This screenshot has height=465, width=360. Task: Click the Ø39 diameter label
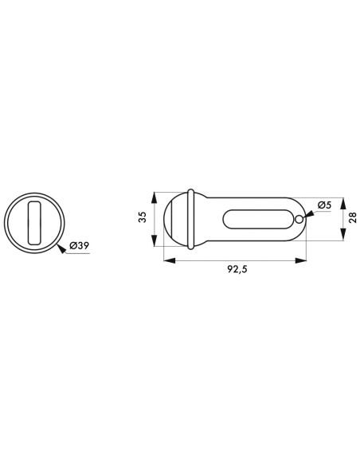tap(79, 246)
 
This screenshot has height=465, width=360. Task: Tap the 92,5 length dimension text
tap(237, 269)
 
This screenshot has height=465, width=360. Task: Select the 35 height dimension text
tap(143, 217)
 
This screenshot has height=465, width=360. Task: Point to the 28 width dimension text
tap(353, 218)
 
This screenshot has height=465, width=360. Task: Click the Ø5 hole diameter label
tap(324, 205)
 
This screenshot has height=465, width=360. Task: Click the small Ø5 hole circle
tap(299, 219)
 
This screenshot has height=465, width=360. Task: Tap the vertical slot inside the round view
tap(34, 223)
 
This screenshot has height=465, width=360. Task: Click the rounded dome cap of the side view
tap(175, 219)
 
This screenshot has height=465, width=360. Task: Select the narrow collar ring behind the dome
tap(190, 219)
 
